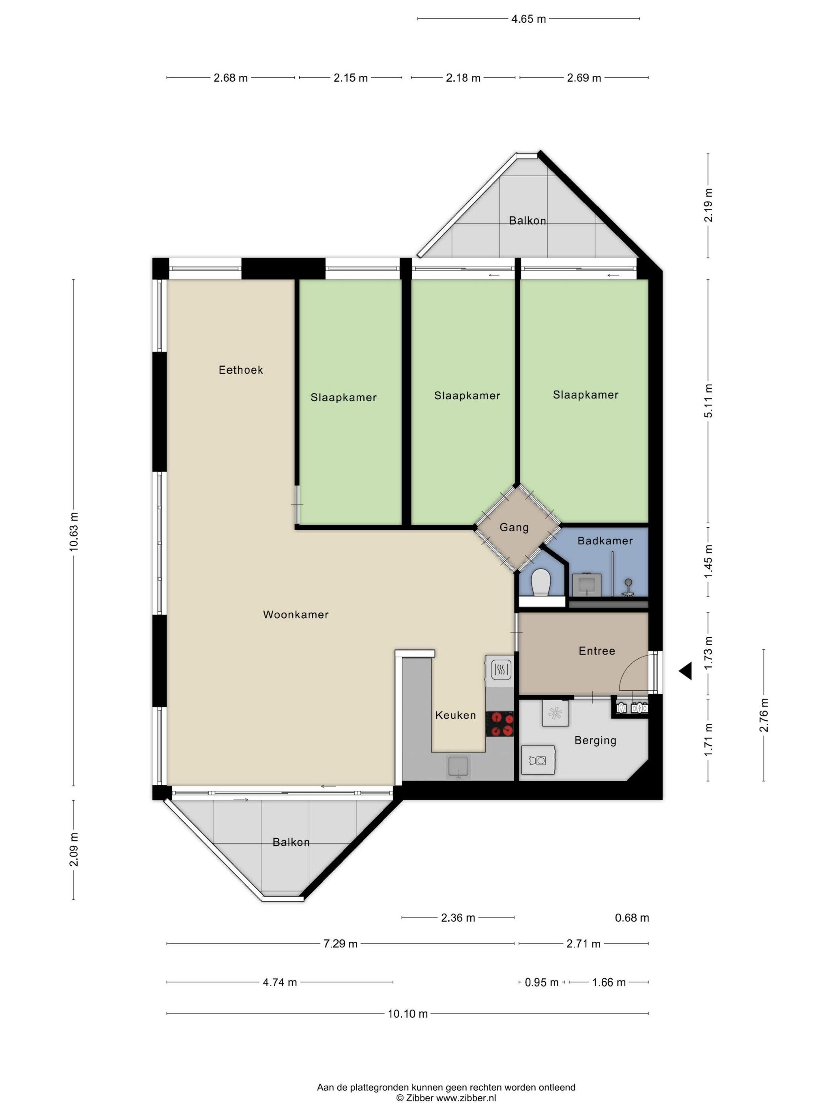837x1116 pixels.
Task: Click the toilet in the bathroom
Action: (541, 583)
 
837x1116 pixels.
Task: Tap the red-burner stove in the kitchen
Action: (499, 723)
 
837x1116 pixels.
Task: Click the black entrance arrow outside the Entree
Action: (685, 672)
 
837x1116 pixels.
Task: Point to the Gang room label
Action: (514, 527)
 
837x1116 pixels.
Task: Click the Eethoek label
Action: (241, 370)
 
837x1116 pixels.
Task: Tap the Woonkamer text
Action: (296, 615)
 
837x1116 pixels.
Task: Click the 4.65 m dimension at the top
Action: (528, 19)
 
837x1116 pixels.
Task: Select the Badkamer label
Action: (605, 541)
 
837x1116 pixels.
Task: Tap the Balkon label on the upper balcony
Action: (527, 220)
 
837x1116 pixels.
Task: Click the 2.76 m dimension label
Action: (764, 715)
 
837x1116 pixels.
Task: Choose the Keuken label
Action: (455, 715)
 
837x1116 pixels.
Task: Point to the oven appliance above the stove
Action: (499, 670)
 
